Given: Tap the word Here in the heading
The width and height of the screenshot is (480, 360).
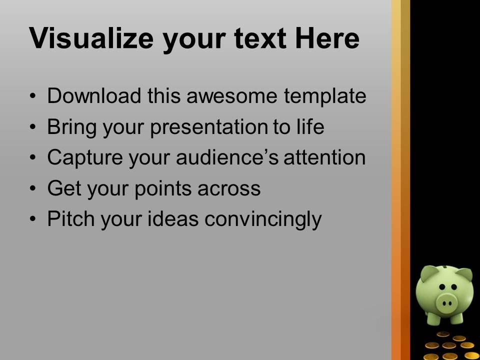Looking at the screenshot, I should tap(326, 38).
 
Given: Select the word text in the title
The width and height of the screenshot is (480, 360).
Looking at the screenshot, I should tap(263, 38).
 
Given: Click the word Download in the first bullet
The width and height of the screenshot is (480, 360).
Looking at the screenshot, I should tap(94, 96).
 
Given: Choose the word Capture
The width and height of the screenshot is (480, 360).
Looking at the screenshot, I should tap(80, 158).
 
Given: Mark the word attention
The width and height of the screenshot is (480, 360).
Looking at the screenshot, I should tap(324, 158).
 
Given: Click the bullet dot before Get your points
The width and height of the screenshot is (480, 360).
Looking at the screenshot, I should tap(32, 189).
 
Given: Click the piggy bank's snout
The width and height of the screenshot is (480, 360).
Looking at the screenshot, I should tap(446, 301).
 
